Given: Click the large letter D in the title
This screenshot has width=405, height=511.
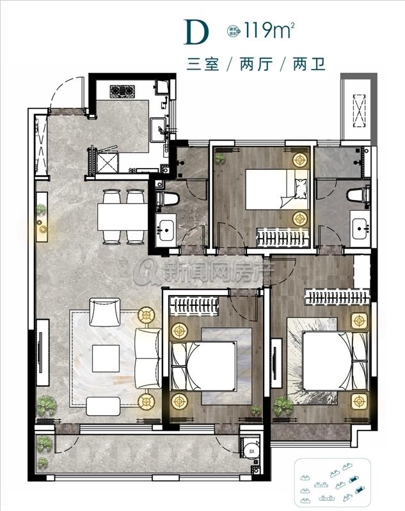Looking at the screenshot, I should coord(196,32).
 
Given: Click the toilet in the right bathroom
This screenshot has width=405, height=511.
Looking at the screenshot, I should coord(358,194).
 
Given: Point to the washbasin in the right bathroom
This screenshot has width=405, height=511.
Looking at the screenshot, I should coord(360,227).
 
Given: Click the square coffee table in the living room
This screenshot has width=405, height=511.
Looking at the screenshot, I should coord(106,358).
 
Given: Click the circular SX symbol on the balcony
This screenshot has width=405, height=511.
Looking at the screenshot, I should coord(249,451).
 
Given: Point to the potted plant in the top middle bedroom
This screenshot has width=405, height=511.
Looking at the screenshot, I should coord(221,157).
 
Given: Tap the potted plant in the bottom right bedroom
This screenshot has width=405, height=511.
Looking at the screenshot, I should coord(282,404).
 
